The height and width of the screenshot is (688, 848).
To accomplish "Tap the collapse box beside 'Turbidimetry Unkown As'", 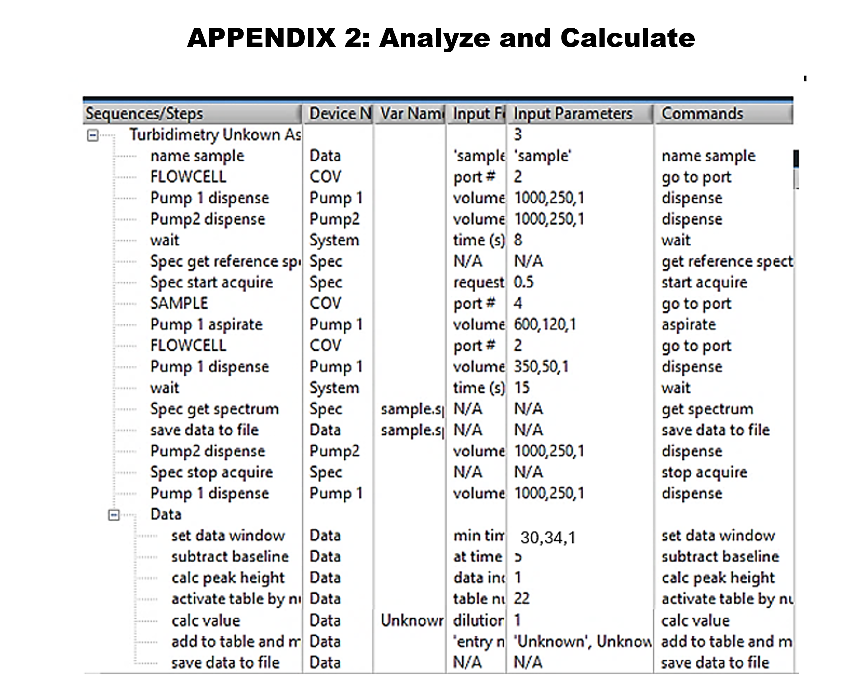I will click(93, 136).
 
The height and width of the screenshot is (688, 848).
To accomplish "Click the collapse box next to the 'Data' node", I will click(114, 515).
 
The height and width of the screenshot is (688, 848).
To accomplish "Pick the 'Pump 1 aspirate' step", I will click(206, 325).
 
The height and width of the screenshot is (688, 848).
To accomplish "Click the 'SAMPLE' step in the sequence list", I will click(179, 304).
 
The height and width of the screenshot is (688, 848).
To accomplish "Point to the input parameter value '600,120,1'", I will click(545, 325).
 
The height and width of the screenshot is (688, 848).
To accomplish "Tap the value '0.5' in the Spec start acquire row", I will click(524, 282).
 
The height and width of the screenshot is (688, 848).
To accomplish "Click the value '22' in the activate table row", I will click(522, 598).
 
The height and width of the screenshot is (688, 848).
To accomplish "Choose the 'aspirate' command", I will click(688, 325).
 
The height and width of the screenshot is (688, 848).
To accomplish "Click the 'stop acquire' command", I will click(704, 472).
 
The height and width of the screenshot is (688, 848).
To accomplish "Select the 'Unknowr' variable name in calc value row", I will click(412, 620).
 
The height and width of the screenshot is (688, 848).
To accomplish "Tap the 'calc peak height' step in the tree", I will click(228, 578).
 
